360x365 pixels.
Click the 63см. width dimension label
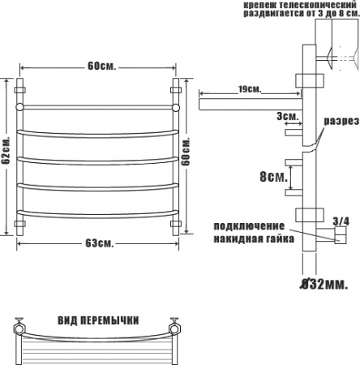point(100,243)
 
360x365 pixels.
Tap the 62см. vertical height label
point(6,150)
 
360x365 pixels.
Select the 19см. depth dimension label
point(250,89)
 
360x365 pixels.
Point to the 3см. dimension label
point(287,117)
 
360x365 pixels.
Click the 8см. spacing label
point(273,177)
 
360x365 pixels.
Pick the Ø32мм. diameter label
point(324,284)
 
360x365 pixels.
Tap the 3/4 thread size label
point(341,221)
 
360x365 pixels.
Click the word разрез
point(341,121)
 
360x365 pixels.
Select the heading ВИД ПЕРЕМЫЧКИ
point(98,320)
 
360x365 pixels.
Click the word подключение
point(249,226)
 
